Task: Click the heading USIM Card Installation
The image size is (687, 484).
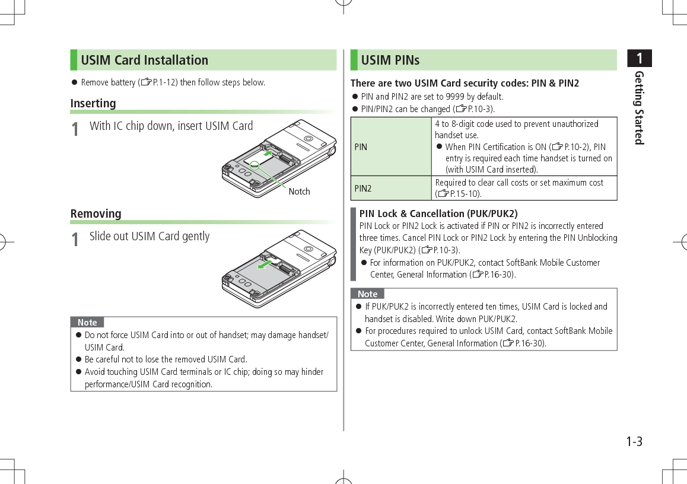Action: click(144, 60)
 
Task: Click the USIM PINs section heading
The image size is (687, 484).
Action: click(390, 60)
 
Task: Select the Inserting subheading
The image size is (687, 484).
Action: click(93, 103)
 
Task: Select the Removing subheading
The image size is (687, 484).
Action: click(96, 214)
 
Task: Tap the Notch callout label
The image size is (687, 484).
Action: click(299, 192)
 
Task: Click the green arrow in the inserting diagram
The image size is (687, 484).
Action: click(271, 153)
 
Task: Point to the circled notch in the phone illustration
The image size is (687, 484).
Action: click(255, 166)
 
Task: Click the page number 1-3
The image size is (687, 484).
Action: click(634, 442)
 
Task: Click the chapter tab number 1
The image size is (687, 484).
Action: click(639, 59)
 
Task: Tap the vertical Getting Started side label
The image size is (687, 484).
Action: click(639, 107)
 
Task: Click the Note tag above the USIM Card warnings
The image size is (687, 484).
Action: click(87, 323)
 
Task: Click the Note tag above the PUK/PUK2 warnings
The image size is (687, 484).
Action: click(367, 294)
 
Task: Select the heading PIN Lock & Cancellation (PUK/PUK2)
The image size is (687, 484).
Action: click(438, 214)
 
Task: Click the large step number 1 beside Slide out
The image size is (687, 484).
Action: click(75, 240)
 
